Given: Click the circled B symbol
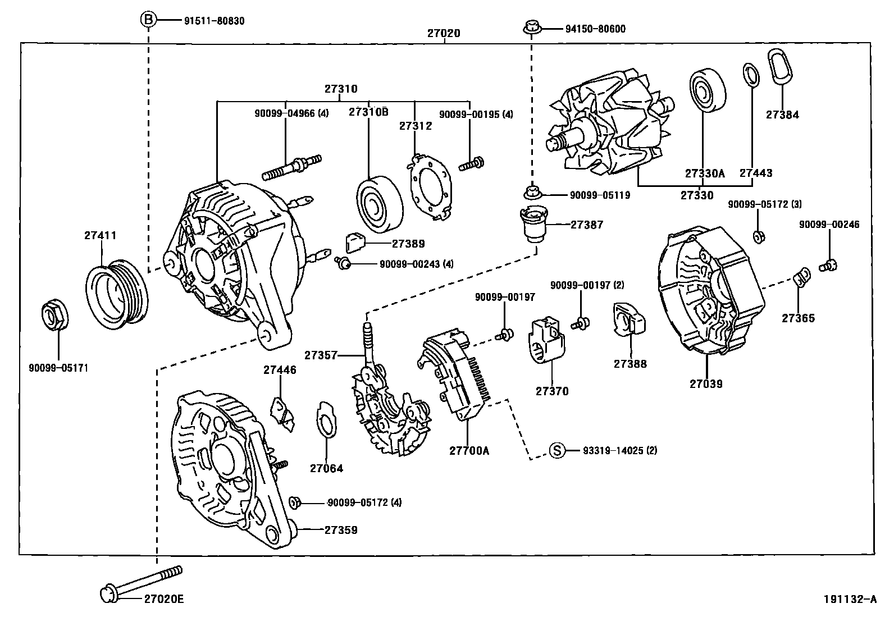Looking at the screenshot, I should tap(148, 20).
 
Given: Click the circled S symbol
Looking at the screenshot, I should tap(556, 450).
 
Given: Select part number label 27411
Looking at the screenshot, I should tap(101, 235).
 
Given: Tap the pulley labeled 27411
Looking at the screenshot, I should tap(118, 292).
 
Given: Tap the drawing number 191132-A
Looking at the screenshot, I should tap(849, 599).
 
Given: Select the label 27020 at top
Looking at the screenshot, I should tap(444, 33).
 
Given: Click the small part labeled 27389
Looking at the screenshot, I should tap(355, 243).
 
